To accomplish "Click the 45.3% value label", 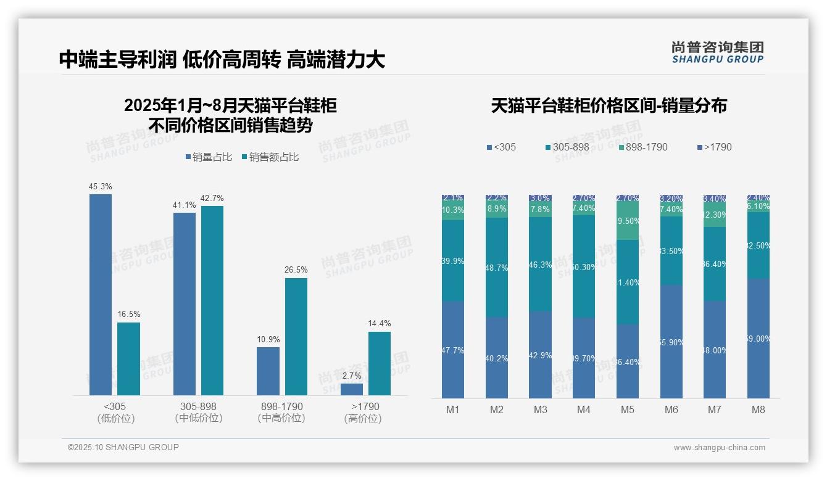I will click(x=101, y=186).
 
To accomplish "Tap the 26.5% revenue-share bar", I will click(x=296, y=336).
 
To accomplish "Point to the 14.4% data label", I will click(x=379, y=323).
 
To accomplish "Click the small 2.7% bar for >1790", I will click(x=352, y=389).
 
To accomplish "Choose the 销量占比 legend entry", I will click(x=209, y=157).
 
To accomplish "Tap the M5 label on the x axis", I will click(x=628, y=409).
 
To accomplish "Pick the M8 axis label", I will click(x=758, y=409).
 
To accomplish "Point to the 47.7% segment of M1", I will click(x=453, y=350).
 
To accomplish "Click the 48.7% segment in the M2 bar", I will click(x=497, y=268).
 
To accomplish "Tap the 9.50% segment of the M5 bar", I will click(x=628, y=220).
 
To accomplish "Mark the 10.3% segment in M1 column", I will click(x=453, y=210).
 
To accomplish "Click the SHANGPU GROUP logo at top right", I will click(x=717, y=52).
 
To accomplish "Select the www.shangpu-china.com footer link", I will click(x=719, y=448).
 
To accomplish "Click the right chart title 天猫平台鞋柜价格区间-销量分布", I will click(x=609, y=105).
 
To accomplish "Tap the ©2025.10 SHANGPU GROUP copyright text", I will click(x=123, y=447).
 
